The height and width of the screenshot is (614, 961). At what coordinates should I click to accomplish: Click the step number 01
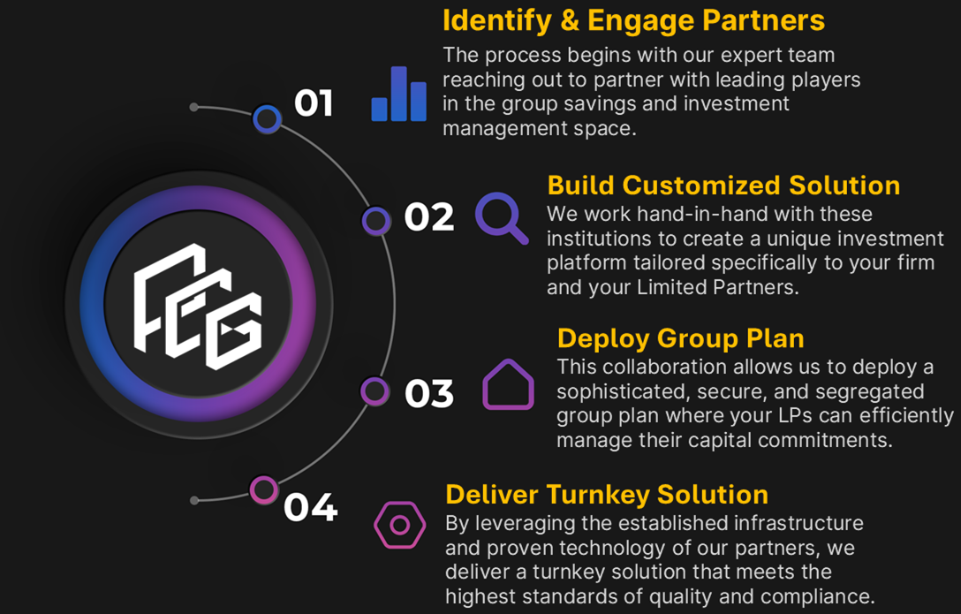point(314,103)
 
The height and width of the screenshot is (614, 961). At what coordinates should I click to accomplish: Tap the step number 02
point(429,217)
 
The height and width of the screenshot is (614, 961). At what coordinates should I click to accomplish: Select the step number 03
point(429,393)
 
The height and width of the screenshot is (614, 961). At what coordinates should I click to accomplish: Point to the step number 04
point(310,508)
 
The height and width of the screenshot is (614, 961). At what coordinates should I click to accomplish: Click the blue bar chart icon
point(399,95)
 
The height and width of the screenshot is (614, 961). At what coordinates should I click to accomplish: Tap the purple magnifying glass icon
point(502,217)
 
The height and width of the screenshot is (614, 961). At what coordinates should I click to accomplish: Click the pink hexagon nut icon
point(399,526)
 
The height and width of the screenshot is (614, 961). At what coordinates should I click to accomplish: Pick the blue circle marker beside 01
point(267,118)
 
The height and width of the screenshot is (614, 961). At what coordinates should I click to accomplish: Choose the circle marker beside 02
point(376,220)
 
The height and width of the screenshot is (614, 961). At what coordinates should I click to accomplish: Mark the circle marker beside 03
point(375,390)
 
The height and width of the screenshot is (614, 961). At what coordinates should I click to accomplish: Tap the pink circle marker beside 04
point(263,489)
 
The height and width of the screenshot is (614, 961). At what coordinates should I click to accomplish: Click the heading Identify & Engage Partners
point(633,20)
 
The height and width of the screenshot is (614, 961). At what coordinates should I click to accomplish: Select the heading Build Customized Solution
point(723,186)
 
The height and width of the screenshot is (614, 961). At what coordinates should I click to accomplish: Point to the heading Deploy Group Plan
point(680,338)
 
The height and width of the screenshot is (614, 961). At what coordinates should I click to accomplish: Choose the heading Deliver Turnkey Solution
point(606,494)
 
